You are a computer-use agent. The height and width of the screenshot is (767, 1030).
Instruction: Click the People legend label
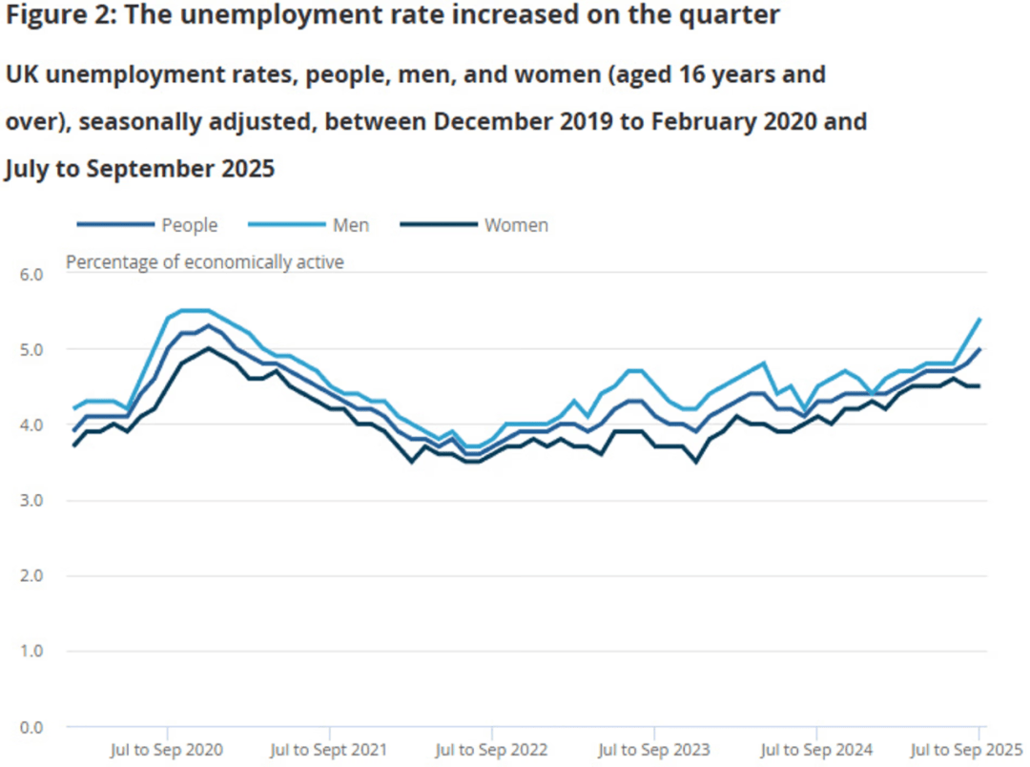[x=189, y=225]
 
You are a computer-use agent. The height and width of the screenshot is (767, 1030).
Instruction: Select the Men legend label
[x=350, y=225]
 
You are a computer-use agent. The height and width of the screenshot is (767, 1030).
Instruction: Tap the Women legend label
[x=516, y=225]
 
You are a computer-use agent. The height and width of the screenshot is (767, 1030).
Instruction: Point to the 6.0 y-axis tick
[x=31, y=275]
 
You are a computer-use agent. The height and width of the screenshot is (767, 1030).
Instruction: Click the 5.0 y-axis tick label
[x=31, y=350]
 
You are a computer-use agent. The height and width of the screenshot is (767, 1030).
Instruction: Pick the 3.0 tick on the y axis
[x=31, y=501]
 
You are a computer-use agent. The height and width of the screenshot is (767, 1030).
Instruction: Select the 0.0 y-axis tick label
[x=31, y=727]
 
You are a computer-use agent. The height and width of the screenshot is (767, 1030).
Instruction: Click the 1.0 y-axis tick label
[x=31, y=652]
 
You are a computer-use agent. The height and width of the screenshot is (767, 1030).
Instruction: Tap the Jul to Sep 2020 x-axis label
[x=167, y=750]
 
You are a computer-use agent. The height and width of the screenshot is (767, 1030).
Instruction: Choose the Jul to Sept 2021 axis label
[x=329, y=750]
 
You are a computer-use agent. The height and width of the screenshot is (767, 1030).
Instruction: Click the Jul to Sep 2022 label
[x=491, y=750]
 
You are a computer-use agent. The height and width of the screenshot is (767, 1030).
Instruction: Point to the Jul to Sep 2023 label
[x=653, y=750]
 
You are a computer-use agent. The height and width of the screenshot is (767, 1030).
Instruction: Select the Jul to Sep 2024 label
[x=816, y=750]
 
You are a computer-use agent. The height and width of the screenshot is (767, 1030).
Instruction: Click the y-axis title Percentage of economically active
[x=204, y=261]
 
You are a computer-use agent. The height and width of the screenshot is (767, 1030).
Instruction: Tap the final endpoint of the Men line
[x=979, y=320]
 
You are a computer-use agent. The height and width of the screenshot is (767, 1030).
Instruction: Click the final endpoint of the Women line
[x=979, y=386]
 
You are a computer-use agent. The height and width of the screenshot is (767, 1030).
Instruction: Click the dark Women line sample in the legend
[x=438, y=225]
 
